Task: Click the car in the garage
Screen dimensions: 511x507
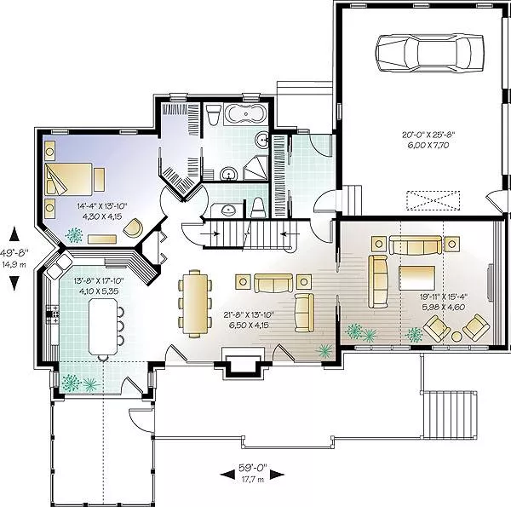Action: [429, 52]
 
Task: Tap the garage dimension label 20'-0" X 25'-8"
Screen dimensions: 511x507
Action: [428, 133]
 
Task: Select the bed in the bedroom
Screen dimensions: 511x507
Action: [68, 179]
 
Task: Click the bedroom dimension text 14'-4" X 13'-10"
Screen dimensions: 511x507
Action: [101, 206]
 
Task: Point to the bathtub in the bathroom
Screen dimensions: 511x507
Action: [246, 114]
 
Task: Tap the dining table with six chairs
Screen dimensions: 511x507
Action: [195, 302]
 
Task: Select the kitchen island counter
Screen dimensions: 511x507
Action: [103, 326]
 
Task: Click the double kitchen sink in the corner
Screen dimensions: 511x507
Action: [60, 265]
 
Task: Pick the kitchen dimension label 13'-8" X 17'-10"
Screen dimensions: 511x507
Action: [99, 280]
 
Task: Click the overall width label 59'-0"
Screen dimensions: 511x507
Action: [253, 468]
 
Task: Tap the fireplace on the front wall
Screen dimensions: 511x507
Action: [243, 361]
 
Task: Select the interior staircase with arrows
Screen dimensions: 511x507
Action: [250, 234]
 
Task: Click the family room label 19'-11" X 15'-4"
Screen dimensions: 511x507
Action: [444, 297]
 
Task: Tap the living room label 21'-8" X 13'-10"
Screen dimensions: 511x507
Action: [249, 315]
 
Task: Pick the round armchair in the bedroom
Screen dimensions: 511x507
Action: [134, 227]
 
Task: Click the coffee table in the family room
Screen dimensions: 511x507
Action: [416, 278]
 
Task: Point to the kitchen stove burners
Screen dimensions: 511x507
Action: [52, 314]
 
